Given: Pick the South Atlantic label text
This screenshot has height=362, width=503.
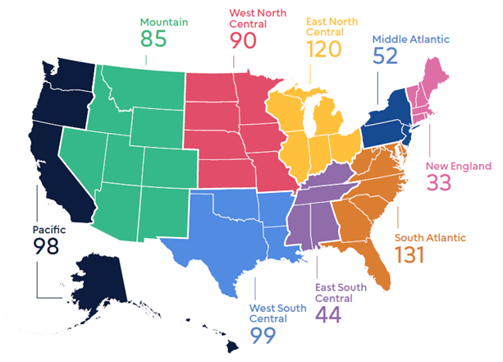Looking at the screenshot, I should click(x=431, y=237).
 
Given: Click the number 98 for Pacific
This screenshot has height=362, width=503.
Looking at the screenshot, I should click(x=46, y=245).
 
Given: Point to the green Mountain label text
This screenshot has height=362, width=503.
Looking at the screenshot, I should click(x=165, y=21).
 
